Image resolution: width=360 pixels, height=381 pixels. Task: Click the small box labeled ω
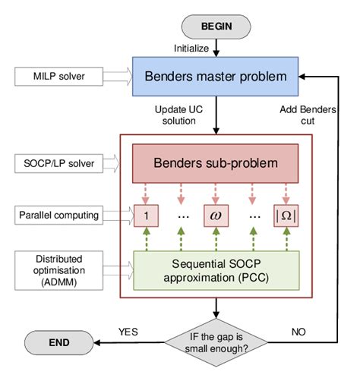pos(215,216)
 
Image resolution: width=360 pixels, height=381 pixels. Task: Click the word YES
pos(128,332)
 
